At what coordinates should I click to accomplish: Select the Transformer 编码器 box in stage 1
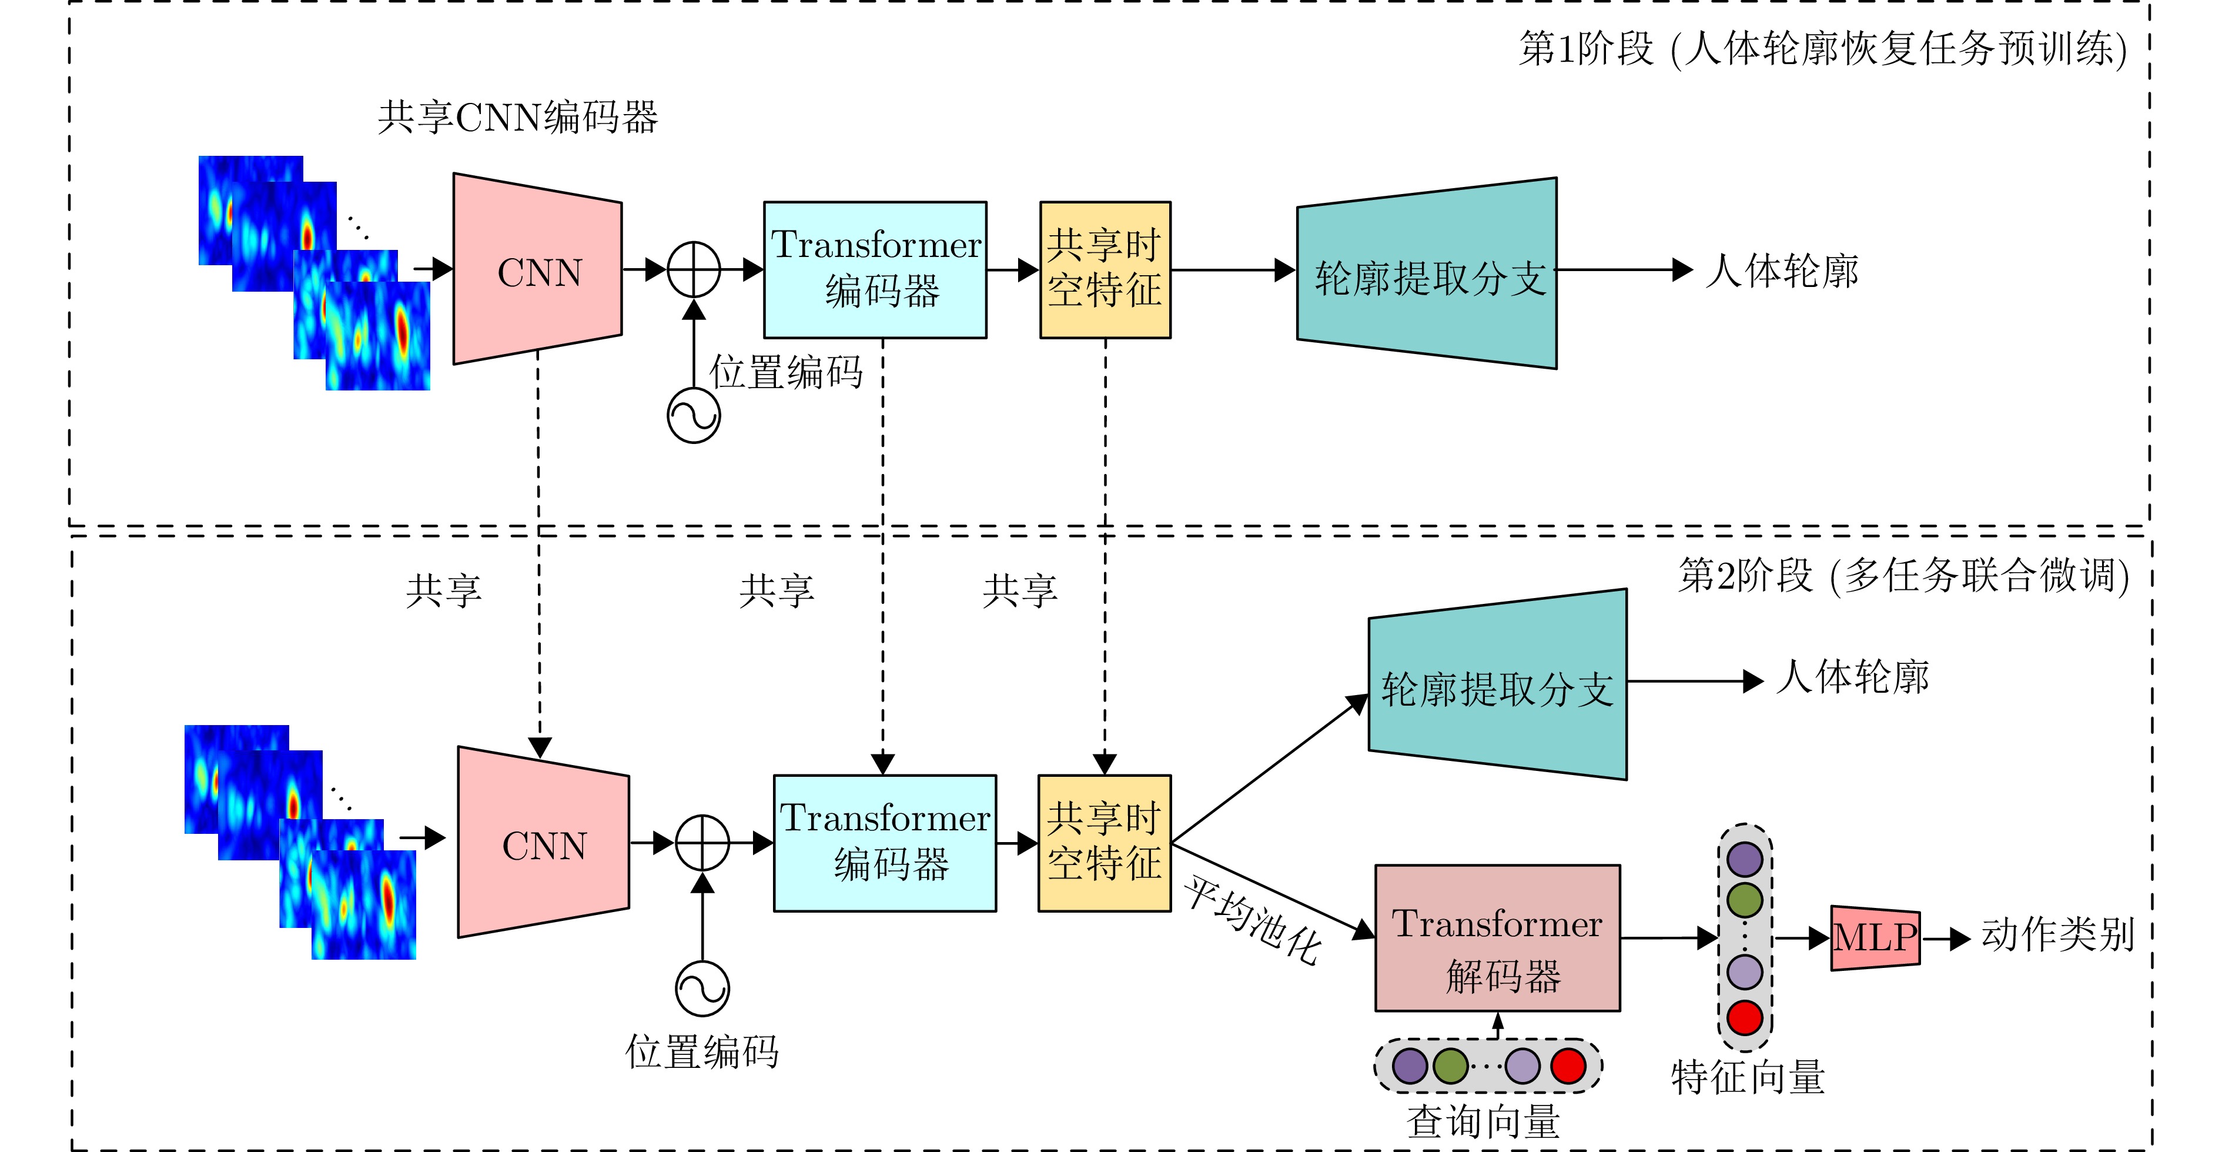point(875,269)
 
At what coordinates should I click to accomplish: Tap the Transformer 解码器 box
point(1497,938)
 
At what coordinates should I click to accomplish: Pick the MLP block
point(1875,938)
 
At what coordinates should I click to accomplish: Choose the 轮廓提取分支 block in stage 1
point(1428,273)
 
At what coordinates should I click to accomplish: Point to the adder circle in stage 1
point(694,270)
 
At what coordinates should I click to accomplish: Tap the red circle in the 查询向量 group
point(1568,1066)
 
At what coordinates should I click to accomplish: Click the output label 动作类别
point(2058,936)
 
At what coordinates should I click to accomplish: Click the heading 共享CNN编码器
point(517,118)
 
